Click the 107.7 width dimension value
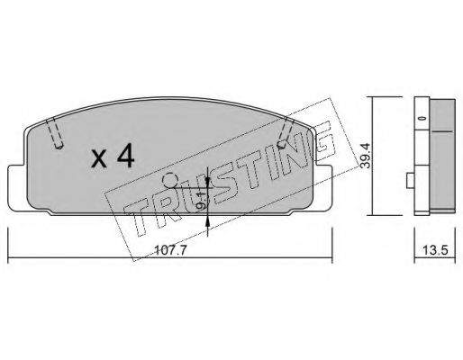[170, 250]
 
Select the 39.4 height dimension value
[365, 156]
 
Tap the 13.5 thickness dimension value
[435, 250]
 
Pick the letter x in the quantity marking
[99, 160]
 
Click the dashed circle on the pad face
[170, 181]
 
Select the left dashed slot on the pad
[55, 133]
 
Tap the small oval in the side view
[422, 118]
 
